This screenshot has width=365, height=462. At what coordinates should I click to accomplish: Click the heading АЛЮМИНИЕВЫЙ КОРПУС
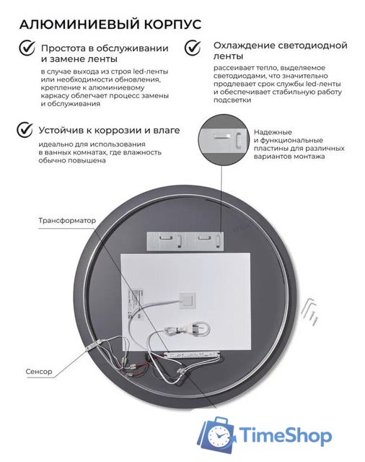point(110,24)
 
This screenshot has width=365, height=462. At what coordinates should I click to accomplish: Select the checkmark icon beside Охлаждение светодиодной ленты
point(193,48)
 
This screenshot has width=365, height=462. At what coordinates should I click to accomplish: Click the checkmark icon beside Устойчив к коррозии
point(26,131)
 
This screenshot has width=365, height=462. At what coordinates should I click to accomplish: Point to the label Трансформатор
point(67,219)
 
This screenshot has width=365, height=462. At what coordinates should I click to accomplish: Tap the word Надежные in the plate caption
point(273,132)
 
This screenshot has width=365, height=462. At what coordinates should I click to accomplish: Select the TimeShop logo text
point(288,435)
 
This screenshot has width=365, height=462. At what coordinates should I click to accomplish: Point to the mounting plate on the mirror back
point(183,238)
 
